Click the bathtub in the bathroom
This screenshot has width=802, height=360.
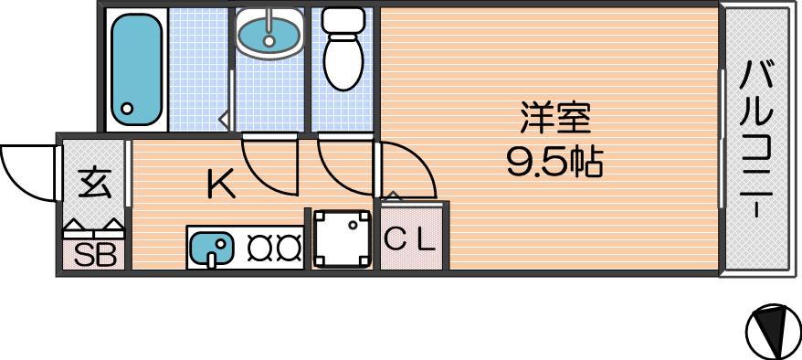tap(137, 69)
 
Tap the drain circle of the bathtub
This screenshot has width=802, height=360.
tap(126, 108)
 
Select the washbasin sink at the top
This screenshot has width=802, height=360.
tap(269, 33)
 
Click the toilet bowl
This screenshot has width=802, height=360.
tap(343, 63)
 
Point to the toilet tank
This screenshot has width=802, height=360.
tap(343, 20)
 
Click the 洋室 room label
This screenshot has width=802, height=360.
tap(555, 118)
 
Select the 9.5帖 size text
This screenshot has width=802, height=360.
tap(555, 162)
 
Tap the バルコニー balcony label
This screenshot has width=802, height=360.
tap(758, 139)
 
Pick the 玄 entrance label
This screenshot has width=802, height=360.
tap(94, 185)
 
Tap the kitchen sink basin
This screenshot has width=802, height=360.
tap(211, 247)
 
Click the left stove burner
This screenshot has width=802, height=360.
tap(259, 247)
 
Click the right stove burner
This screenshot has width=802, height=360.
tap(289, 247)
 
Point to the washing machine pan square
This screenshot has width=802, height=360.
tap(343, 238)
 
